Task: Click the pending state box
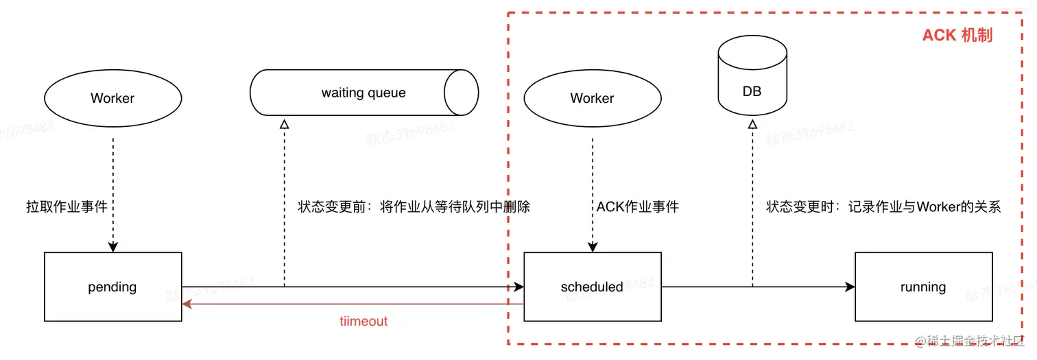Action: pos(113,287)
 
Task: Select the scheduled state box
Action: pos(592,287)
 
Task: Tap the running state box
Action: pos(922,287)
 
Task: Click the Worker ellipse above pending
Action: pos(112,98)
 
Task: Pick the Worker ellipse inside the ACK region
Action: pos(592,98)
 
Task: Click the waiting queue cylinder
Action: pos(363,93)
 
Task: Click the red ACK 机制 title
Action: pos(957,36)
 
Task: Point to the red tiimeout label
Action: pos(363,321)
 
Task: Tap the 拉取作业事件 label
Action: pos(67,206)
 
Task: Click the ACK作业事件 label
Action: pos(637,206)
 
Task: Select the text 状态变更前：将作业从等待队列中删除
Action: pos(414,206)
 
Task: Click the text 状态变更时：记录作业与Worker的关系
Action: pos(883,206)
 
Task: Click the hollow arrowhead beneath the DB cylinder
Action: pos(752,124)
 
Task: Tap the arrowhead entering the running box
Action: pos(850,287)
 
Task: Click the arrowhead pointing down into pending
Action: pos(112,247)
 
